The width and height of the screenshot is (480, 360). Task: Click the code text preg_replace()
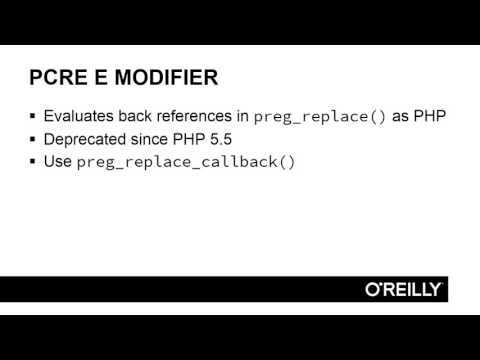320,116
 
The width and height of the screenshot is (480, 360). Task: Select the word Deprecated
86,138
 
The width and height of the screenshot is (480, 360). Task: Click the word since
151,138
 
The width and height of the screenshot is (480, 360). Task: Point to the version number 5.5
219,138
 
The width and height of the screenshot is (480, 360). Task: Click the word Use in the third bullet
58,160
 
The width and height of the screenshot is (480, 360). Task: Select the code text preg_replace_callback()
186,161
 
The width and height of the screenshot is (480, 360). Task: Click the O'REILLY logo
402,289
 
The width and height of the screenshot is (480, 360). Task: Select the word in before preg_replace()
242,115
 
